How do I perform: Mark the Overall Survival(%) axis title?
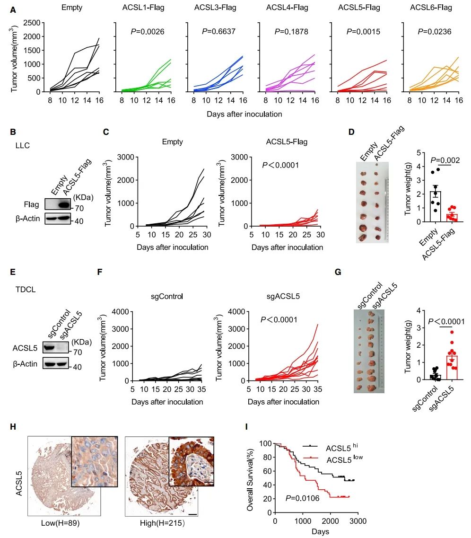click(251, 477)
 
